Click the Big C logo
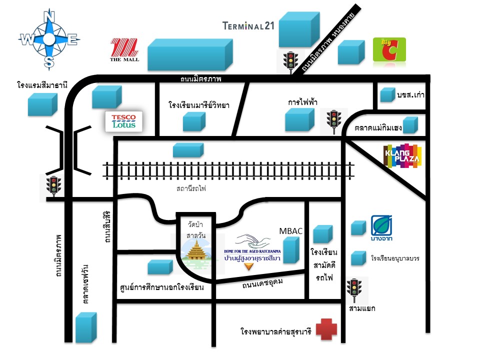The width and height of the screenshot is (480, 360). (x=389, y=49)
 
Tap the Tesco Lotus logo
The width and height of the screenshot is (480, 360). (x=123, y=121)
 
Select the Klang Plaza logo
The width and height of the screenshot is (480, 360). (x=402, y=156)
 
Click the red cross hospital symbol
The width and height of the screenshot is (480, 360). (x=326, y=329)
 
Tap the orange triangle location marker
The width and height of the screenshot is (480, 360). (x=248, y=266)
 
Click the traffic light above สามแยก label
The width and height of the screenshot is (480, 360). (x=355, y=289)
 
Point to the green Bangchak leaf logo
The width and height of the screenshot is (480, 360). (x=381, y=225)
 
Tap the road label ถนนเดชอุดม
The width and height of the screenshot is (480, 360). (x=262, y=285)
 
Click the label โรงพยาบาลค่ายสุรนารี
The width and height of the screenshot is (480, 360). (x=275, y=331)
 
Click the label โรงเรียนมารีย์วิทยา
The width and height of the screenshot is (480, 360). (x=199, y=105)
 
